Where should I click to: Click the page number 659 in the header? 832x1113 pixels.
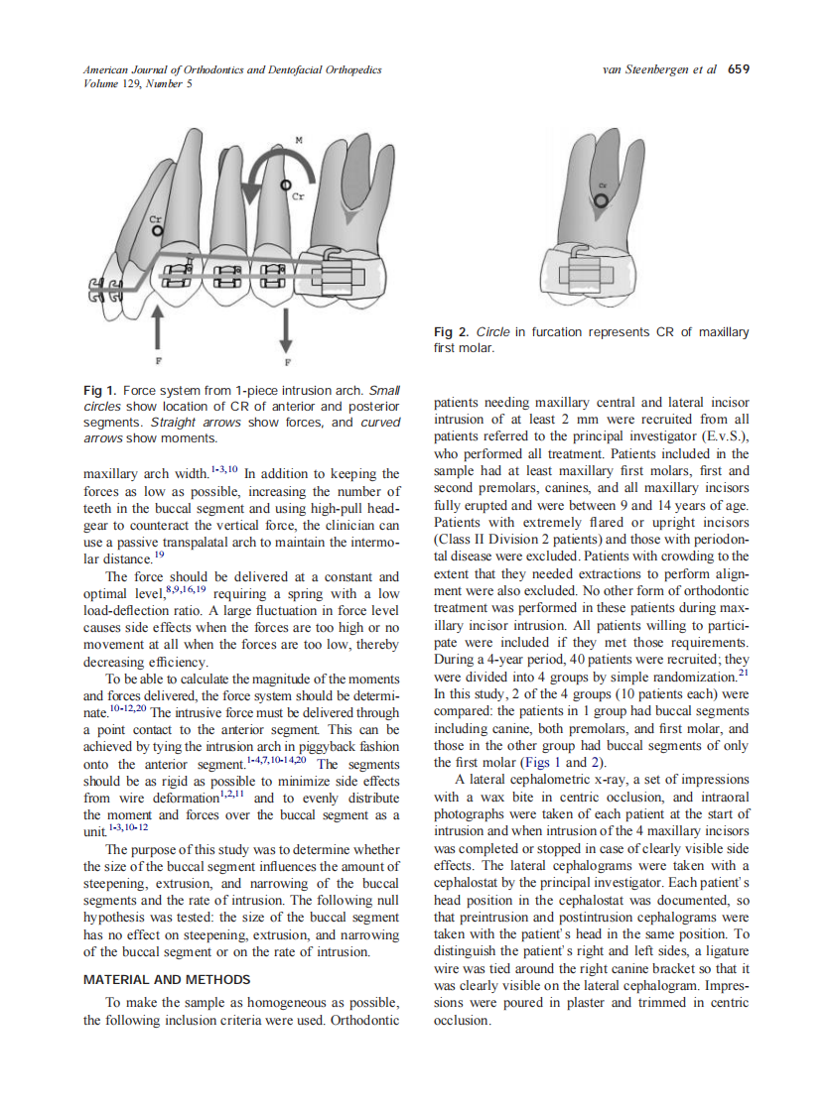tap(738, 69)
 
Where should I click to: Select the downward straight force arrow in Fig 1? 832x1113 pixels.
tap(286, 327)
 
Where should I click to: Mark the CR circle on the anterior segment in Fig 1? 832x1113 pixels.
tap(157, 230)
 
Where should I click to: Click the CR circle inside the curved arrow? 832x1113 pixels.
tap(285, 185)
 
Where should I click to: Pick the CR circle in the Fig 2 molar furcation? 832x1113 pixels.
tap(599, 198)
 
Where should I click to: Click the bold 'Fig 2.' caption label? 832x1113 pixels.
tap(452, 332)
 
